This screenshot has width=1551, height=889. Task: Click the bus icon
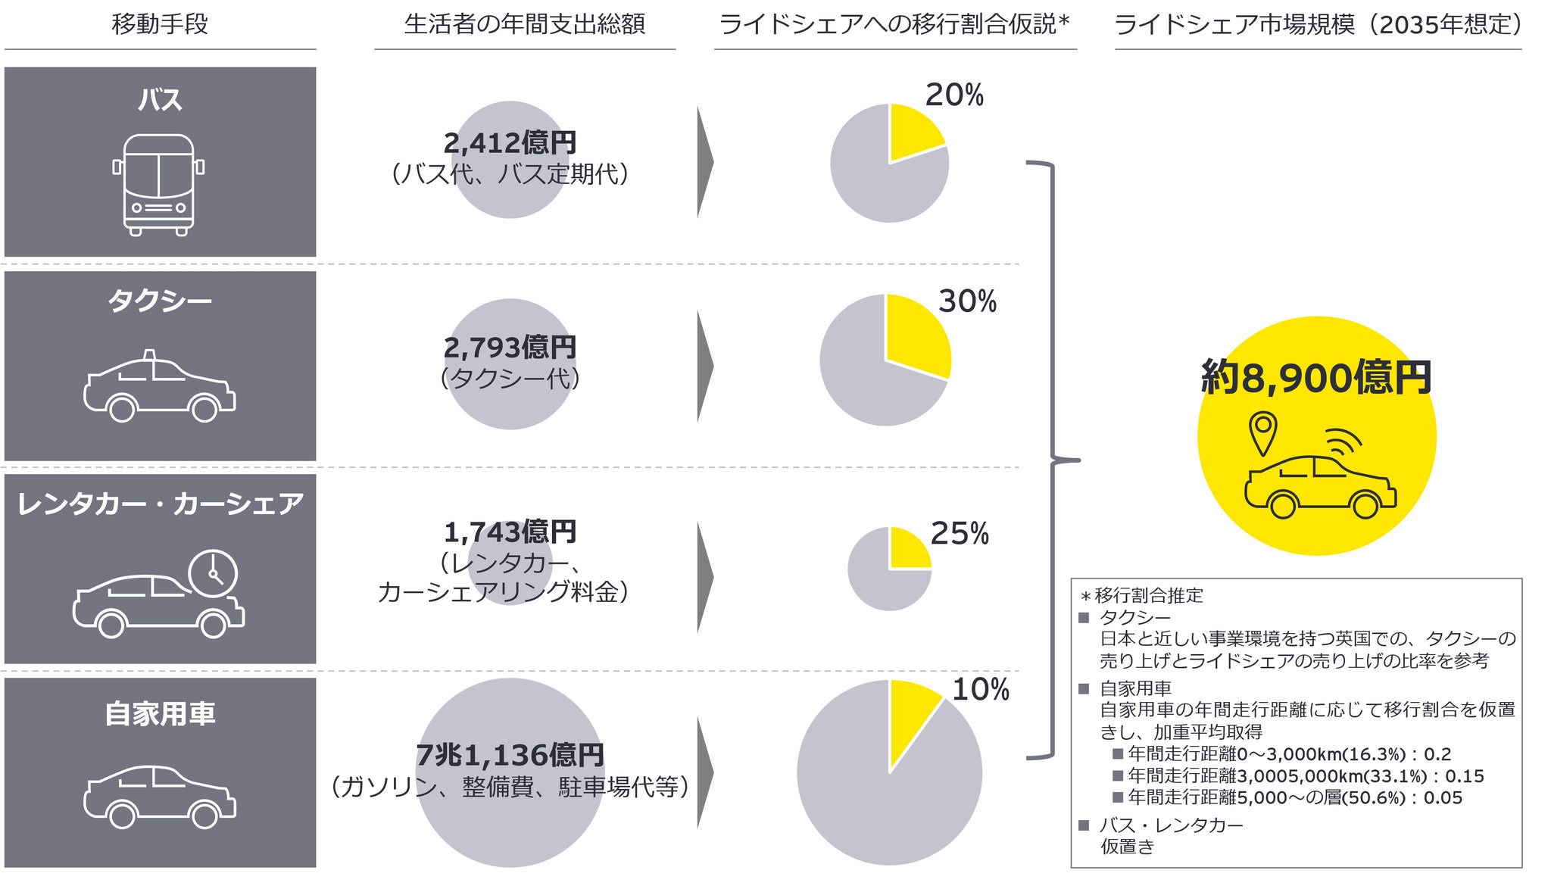[158, 184]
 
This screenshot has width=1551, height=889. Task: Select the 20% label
[953, 95]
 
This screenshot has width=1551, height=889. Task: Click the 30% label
[967, 301]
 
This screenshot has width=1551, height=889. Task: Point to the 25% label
[959, 534]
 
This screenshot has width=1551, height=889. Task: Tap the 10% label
[980, 689]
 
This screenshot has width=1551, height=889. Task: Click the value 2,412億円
[510, 142]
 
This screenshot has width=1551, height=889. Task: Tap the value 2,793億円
[510, 347]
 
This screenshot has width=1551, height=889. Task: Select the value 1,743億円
[510, 532]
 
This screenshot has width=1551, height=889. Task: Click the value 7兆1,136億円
[510, 754]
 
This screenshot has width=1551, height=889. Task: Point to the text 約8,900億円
[1316, 377]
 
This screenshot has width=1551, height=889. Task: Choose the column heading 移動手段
[159, 24]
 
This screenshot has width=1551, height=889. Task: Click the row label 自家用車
[160, 713]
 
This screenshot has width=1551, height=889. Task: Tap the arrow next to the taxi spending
[704, 367]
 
